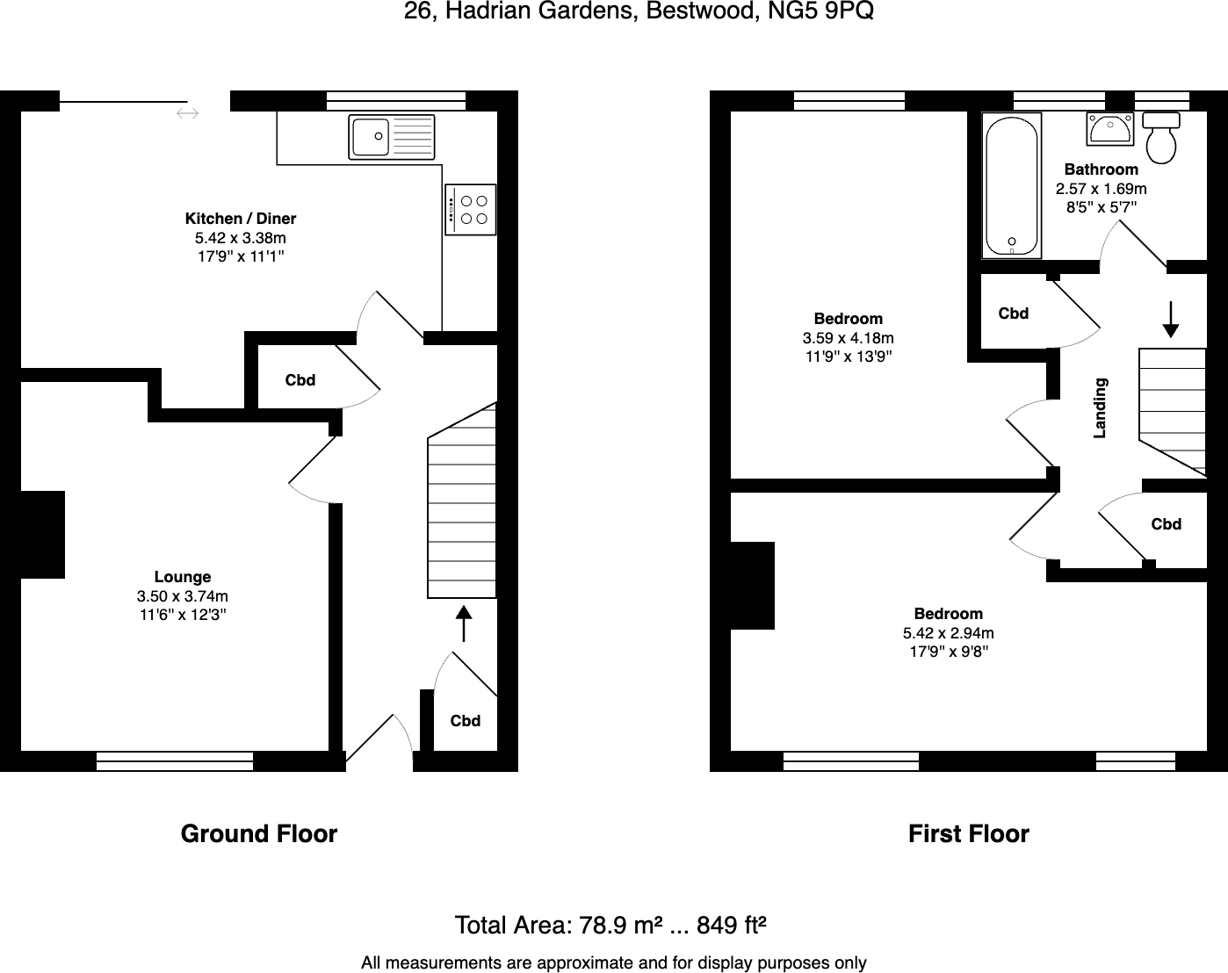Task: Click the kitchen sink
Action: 392,137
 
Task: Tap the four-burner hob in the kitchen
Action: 471,209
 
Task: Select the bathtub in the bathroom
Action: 1013,185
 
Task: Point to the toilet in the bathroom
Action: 1162,138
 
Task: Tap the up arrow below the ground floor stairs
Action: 463,623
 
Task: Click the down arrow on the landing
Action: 1170,320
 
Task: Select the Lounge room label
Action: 183,577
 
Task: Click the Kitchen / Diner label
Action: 241,219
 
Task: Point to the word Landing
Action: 1100,407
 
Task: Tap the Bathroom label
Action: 1101,169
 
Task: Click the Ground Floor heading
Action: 259,833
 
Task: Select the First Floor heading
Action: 968,833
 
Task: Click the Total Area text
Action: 611,925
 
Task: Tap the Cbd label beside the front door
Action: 466,721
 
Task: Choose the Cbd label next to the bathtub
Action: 1014,314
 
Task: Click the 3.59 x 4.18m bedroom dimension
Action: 849,338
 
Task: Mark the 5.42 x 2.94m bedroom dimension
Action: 949,633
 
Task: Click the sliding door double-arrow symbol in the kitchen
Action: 187,113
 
